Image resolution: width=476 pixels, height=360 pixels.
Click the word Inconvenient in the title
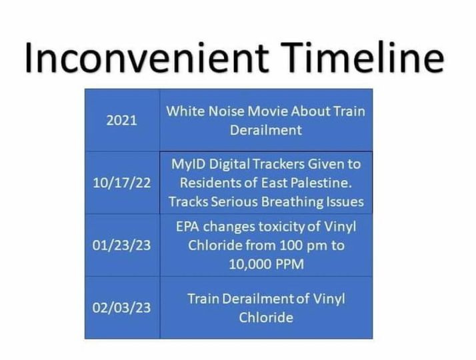point(147,57)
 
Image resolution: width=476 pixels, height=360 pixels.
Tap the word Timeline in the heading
point(363,57)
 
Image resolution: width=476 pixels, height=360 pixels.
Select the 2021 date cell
point(122,121)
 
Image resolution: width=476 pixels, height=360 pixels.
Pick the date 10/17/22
point(122,183)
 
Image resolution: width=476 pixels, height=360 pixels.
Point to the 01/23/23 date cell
point(122,245)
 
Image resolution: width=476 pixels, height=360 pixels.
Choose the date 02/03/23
point(122,307)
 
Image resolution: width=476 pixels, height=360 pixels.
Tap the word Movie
point(268,111)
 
